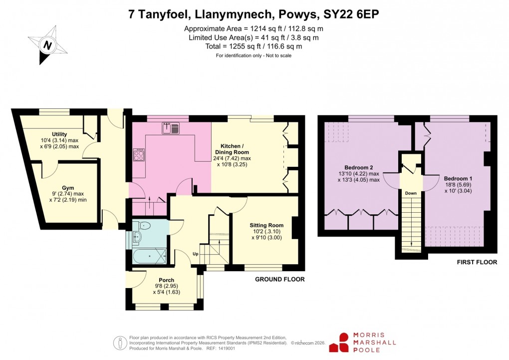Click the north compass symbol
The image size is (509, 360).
click(x=48, y=45)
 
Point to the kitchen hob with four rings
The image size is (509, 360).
click(x=139, y=155)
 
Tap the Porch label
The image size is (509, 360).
click(x=166, y=280)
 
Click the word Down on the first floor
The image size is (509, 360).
click(x=411, y=193)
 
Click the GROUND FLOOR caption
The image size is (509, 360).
click(x=279, y=279)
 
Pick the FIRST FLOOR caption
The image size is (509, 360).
click(x=477, y=262)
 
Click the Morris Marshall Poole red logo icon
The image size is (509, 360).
click(x=344, y=343)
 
